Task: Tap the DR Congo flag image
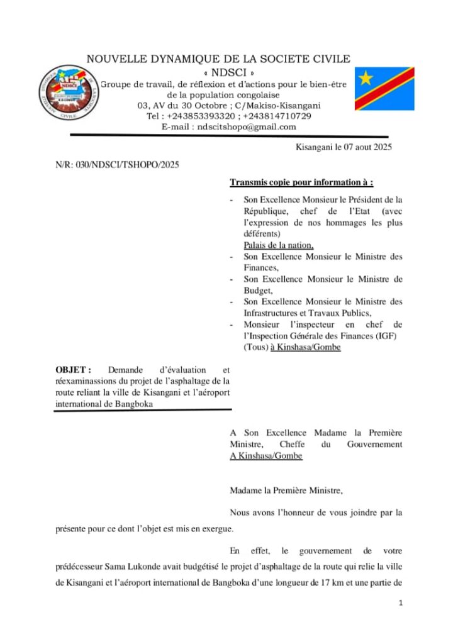pyautogui.click(x=384, y=89)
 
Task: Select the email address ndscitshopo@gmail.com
pyautogui.click(x=246, y=127)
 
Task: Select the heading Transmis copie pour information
pyautogui.click(x=301, y=183)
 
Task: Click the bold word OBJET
pyautogui.click(x=73, y=370)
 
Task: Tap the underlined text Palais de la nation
pyautogui.click(x=279, y=245)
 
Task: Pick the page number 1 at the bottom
pyautogui.click(x=400, y=603)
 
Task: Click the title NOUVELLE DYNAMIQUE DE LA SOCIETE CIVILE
pyautogui.click(x=218, y=59)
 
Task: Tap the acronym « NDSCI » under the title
pyautogui.click(x=218, y=72)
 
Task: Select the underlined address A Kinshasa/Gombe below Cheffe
pyautogui.click(x=266, y=455)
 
